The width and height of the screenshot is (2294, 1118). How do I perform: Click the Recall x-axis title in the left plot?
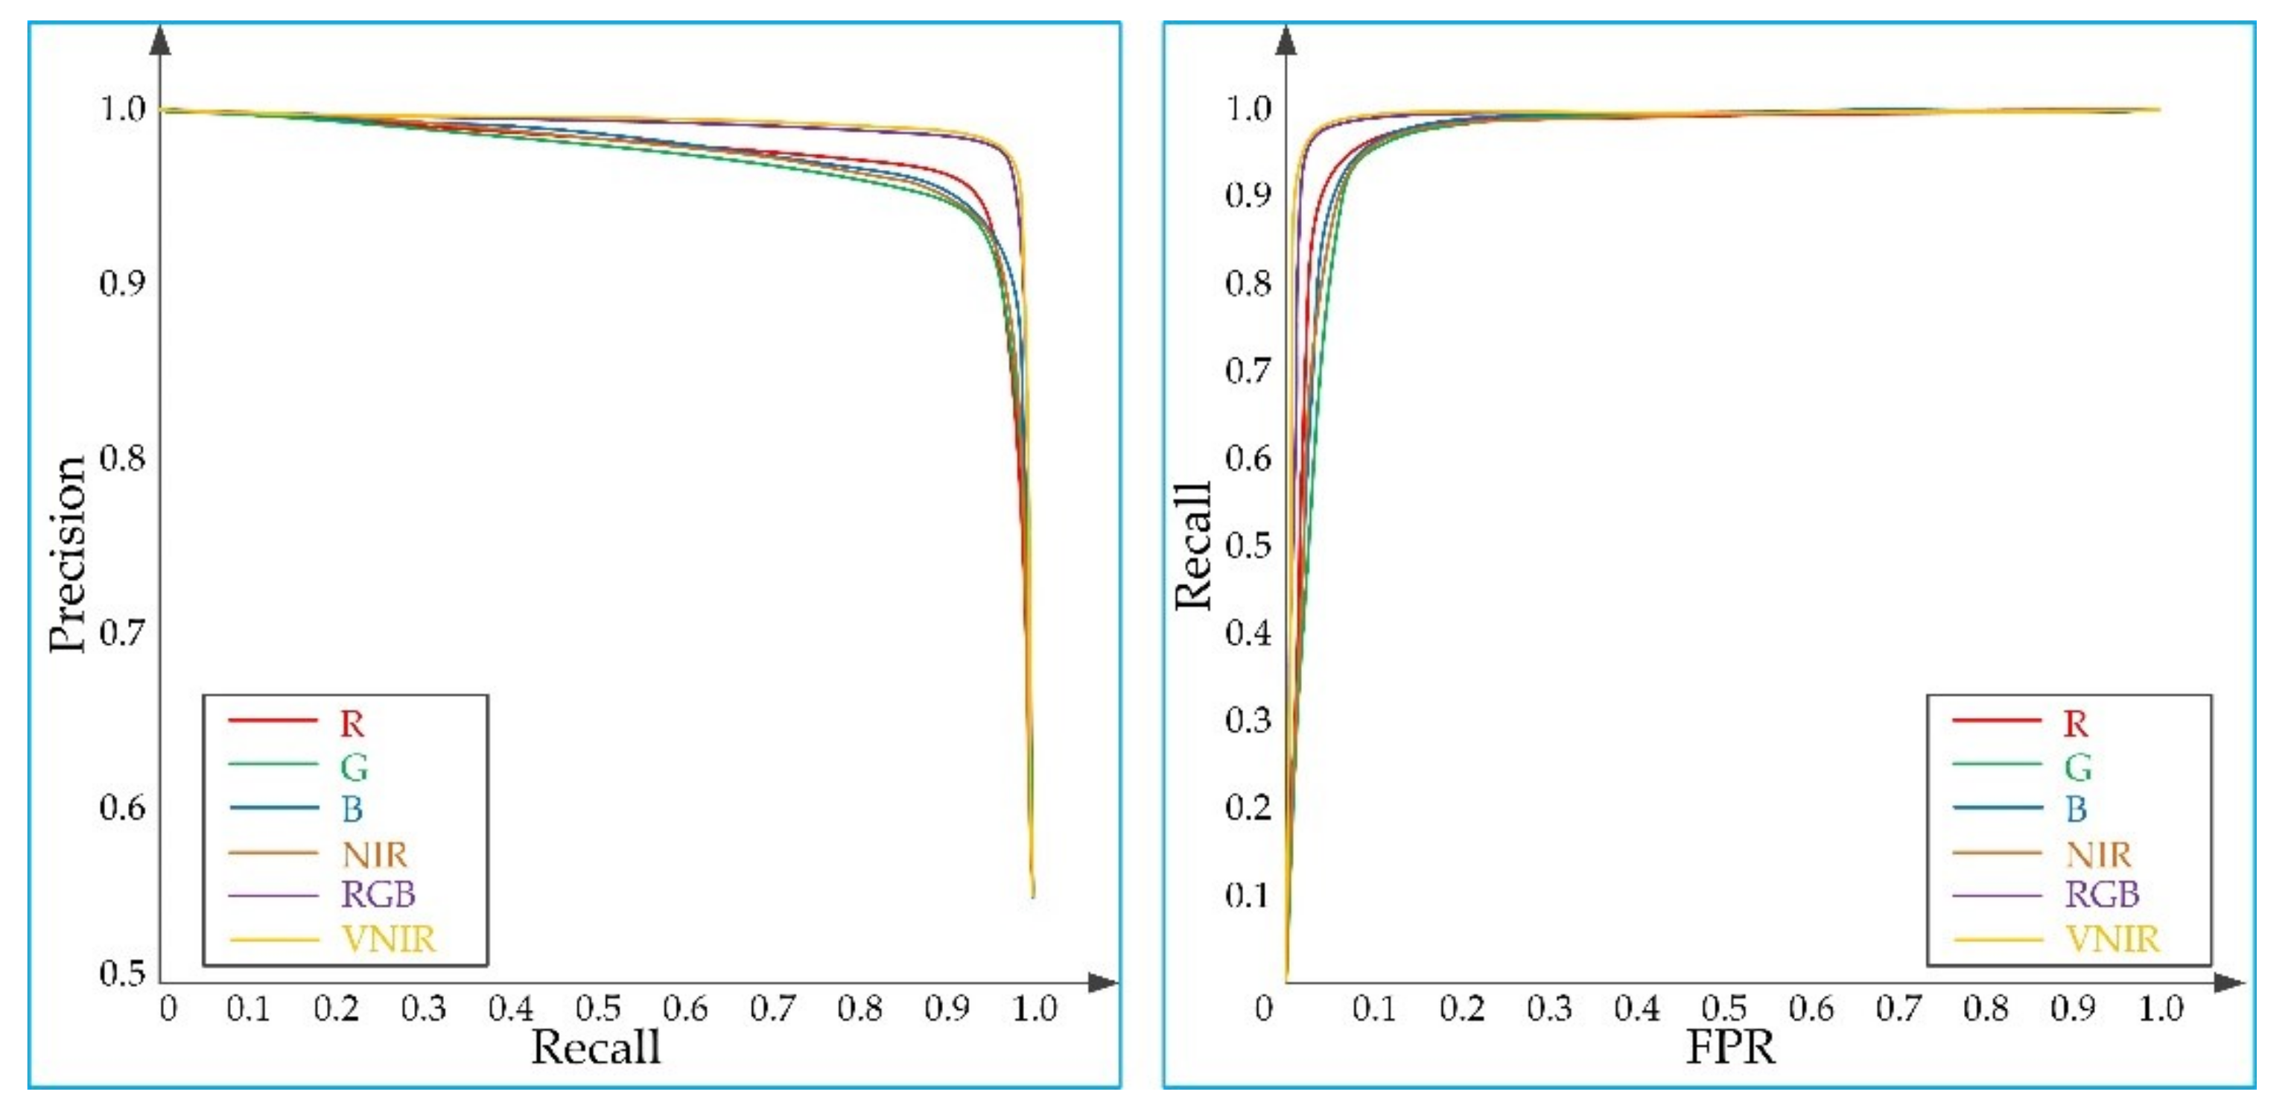596,1046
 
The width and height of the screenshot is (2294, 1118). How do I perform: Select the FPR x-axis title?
1730,1046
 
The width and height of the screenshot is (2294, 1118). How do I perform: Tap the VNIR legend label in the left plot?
389,939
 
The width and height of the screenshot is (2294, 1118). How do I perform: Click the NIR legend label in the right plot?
2098,854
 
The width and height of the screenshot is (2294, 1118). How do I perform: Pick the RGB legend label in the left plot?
378,894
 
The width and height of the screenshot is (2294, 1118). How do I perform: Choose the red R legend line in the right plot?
1997,719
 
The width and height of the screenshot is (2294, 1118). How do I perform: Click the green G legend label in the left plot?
354,766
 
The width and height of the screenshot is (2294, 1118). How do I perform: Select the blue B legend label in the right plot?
2076,809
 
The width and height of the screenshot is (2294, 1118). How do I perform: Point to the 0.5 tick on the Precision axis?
122,973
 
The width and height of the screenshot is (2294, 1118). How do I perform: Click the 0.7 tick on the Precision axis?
122,633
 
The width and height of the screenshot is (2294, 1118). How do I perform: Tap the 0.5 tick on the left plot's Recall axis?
597,1008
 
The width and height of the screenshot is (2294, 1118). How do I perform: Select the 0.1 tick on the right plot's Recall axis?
1248,894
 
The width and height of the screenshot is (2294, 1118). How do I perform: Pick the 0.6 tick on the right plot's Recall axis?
1248,458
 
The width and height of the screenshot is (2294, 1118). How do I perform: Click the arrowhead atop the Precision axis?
160,40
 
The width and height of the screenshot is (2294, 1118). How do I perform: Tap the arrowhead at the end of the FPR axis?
2229,982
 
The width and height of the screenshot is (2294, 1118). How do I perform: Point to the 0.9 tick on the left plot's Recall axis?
947,1008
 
